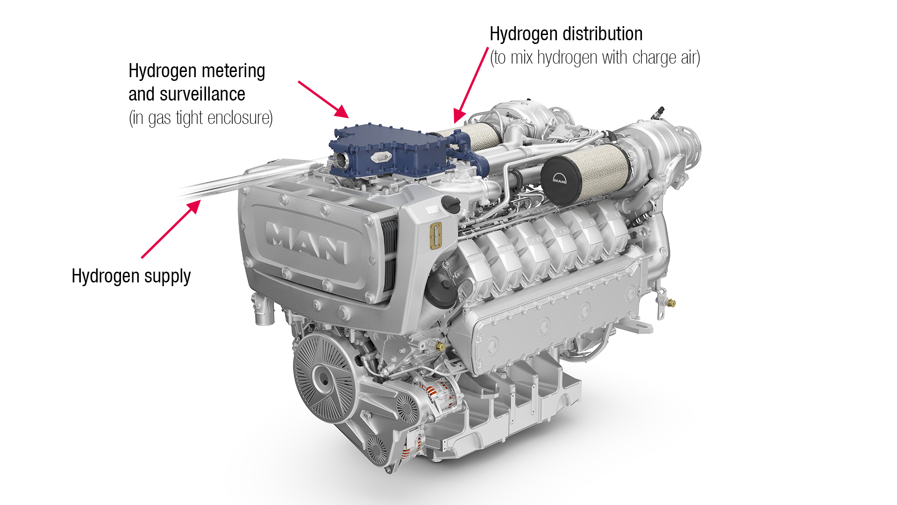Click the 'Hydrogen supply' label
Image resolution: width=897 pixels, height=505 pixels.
click(131, 276)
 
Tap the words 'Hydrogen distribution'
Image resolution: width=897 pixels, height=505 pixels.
click(566, 34)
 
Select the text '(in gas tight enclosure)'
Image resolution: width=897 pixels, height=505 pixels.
click(200, 118)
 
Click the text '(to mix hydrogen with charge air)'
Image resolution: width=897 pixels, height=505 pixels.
click(595, 58)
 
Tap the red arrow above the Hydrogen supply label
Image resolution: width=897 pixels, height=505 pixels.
click(171, 229)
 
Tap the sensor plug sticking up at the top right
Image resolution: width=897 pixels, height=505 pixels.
click(659, 113)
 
